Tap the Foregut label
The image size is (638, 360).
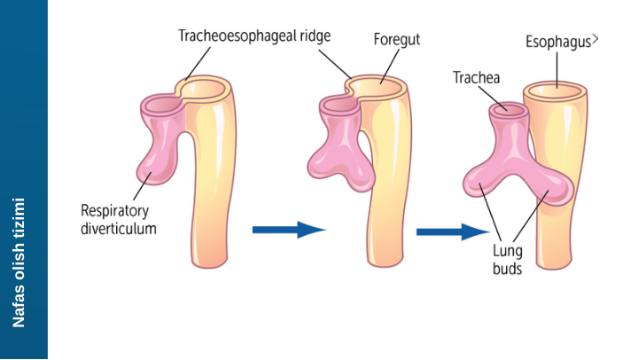396,40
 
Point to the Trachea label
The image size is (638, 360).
476,78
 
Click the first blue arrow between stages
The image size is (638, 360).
289,230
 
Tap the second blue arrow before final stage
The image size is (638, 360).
452,231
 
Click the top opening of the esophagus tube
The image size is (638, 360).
556,88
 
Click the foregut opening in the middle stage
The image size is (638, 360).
380,86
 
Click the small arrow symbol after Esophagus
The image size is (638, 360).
595,39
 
